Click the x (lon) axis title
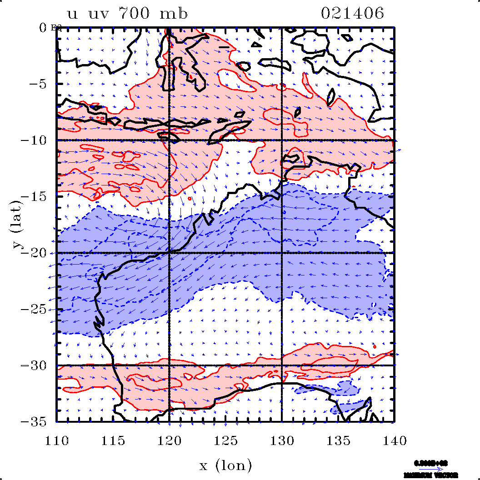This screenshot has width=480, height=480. pos(225,465)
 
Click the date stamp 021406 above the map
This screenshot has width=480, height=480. pos(352,14)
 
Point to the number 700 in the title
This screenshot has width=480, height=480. pos(135,14)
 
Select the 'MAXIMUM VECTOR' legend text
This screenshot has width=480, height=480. pos(431,475)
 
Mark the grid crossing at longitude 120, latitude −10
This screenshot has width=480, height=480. pos(169,140)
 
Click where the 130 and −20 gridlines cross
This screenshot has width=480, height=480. pos(282,253)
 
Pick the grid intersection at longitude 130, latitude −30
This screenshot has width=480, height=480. pos(282,365)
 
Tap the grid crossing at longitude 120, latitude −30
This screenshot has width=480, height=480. pos(169,365)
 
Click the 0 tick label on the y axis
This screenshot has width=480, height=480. pos(43,28)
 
